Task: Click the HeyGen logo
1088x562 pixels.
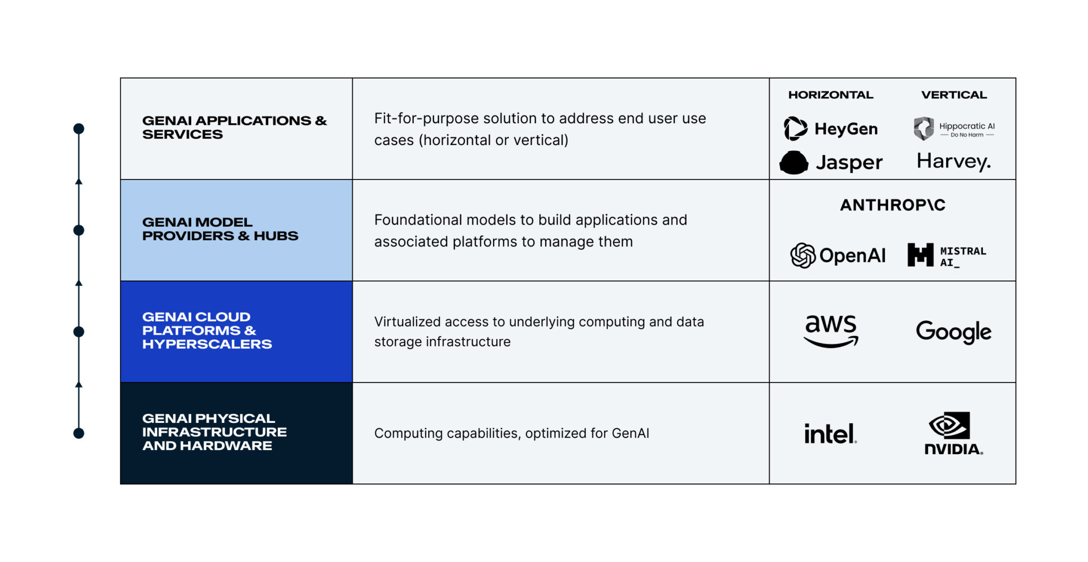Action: (831, 129)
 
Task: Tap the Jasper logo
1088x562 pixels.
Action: (831, 162)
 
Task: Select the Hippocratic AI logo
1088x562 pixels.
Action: (954, 129)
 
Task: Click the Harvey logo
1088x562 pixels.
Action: (954, 161)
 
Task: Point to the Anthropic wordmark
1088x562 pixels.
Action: (892, 205)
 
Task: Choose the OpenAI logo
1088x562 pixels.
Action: (838, 256)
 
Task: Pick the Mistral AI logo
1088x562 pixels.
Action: (947, 256)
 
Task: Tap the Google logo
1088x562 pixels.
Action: (954, 331)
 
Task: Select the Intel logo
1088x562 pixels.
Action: (830, 433)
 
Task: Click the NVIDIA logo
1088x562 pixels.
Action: (954, 433)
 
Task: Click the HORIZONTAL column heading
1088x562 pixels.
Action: (831, 95)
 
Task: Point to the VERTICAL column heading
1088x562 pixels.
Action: (954, 95)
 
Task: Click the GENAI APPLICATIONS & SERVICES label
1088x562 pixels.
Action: (234, 127)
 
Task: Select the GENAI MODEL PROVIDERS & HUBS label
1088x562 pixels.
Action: (220, 229)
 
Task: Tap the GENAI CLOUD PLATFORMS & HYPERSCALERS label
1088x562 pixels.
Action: (207, 330)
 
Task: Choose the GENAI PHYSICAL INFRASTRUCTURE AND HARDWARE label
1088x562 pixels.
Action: (214, 432)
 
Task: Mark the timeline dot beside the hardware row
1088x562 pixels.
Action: (79, 433)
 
